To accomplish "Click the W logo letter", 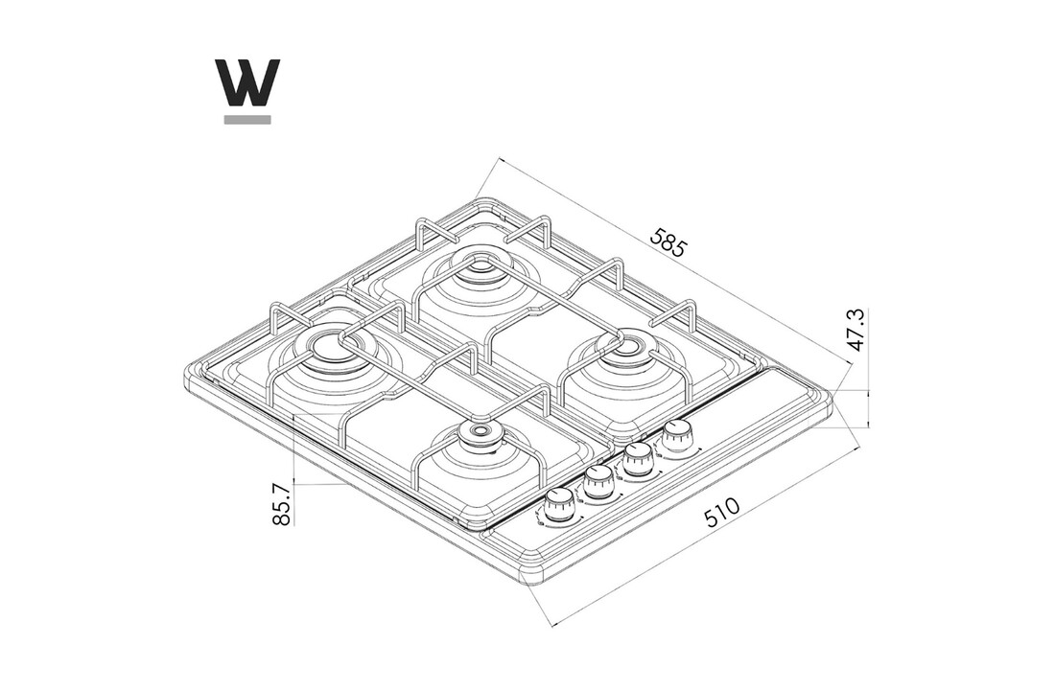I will [247, 83].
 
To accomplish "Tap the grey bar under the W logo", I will [247, 120].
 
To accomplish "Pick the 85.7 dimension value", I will [281, 501].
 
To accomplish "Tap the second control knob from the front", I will [599, 482].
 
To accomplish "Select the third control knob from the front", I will [640, 460].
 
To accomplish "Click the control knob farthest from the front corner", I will [679, 437].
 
